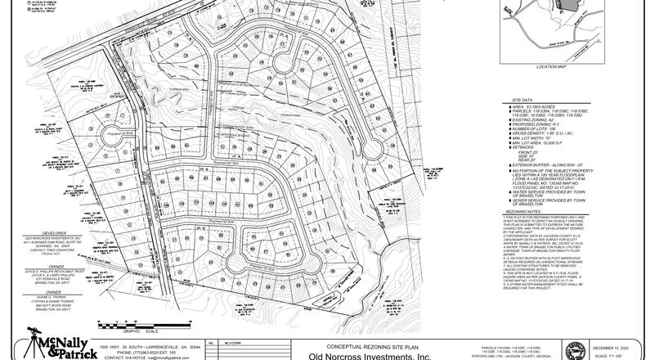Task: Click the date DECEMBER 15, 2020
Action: click(x=616, y=346)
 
